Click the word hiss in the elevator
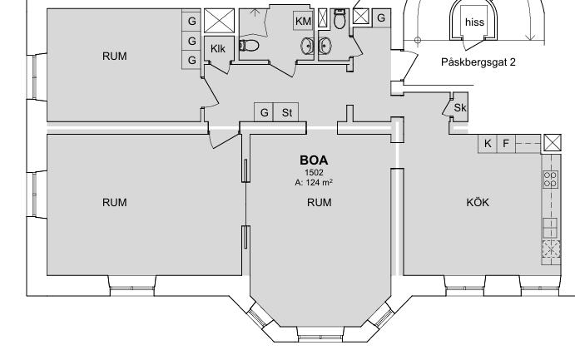click(474, 22)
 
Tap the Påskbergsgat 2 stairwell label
click(478, 62)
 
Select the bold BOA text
click(314, 160)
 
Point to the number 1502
click(314, 172)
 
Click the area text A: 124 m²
click(314, 182)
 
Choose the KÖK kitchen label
click(478, 202)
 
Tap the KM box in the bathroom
click(303, 22)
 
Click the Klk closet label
click(218, 49)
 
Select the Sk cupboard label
click(460, 108)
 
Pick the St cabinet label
click(287, 113)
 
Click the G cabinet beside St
click(264, 113)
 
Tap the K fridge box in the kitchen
click(488, 144)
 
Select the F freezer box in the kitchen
click(506, 144)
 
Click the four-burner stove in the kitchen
click(550, 180)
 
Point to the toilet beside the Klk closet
click(249, 46)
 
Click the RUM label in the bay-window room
click(319, 202)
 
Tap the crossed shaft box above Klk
click(219, 21)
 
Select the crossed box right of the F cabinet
click(553, 143)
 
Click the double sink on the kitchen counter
click(550, 228)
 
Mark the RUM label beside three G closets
click(114, 56)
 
